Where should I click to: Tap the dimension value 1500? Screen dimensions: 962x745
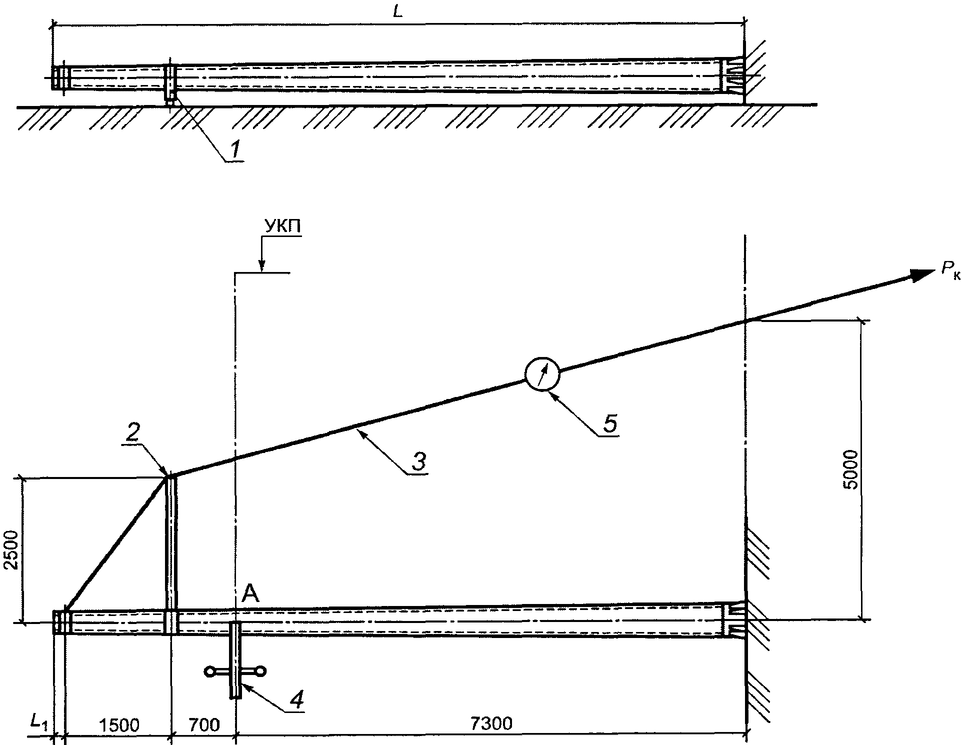tap(119, 724)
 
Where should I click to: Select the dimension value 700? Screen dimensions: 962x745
tap(203, 724)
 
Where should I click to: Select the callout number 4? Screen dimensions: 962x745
tap(296, 699)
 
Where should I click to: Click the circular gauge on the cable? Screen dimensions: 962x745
tap(542, 372)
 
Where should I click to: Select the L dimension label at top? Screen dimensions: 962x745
tap(397, 13)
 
